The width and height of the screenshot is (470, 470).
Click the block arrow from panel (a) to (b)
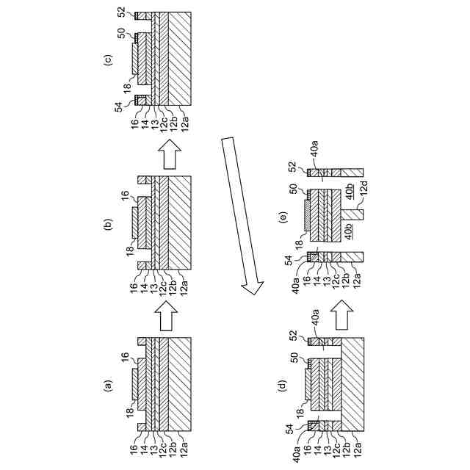click(x=168, y=318)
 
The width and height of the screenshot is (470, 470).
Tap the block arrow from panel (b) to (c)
click(x=168, y=156)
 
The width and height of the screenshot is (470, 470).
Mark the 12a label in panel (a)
click(x=184, y=450)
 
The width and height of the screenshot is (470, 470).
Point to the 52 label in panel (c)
click(x=121, y=13)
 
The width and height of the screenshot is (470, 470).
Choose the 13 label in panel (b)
click(x=154, y=288)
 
